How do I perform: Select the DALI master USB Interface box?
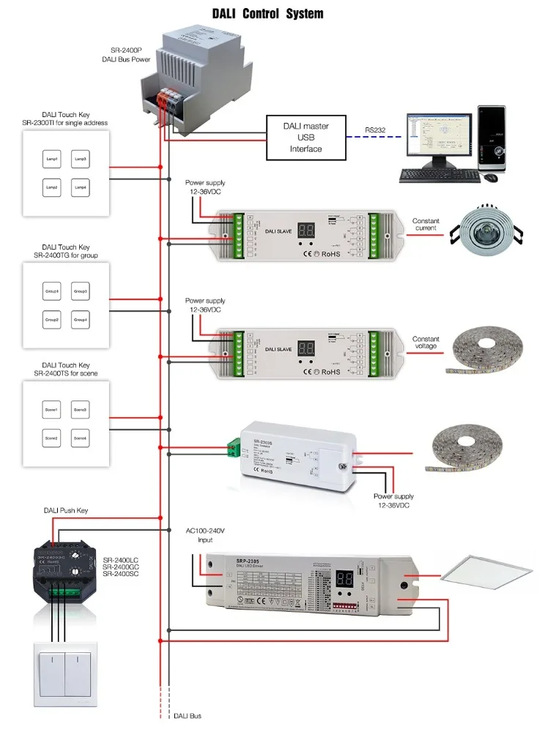(x=306, y=138)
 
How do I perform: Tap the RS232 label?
(x=377, y=131)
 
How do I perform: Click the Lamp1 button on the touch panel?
(x=51, y=159)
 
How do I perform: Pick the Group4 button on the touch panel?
(x=81, y=320)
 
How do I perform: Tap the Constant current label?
(x=426, y=224)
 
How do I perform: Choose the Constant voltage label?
(x=426, y=343)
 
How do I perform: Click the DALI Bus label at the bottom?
(x=188, y=715)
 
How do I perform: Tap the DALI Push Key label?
(x=65, y=510)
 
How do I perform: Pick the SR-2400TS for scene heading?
(x=65, y=373)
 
